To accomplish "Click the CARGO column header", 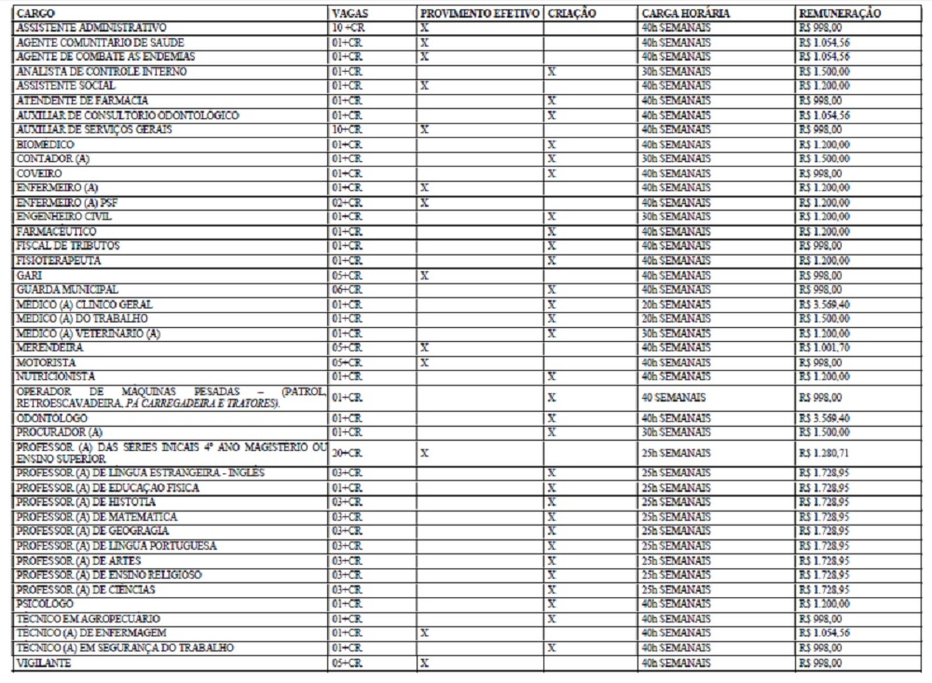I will click(36, 13).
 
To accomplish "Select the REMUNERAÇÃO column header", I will click(839, 13).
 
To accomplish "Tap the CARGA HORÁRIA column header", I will click(686, 13).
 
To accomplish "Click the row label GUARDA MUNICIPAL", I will click(67, 290).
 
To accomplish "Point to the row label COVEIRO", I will click(39, 174).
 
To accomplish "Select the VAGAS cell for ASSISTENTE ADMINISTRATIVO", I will click(348, 27).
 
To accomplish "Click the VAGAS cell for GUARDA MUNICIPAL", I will click(347, 290).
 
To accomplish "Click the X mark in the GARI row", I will click(425, 275).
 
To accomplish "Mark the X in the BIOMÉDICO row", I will click(552, 144).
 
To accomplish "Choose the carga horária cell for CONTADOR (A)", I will click(676, 159).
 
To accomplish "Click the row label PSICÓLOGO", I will click(45, 604).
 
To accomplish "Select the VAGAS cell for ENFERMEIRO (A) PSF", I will click(347, 203).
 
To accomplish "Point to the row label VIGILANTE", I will click(44, 663).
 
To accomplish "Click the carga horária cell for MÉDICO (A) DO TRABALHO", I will click(676, 319).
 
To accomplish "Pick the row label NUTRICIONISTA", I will click(55, 377).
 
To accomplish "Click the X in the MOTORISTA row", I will click(425, 363).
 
